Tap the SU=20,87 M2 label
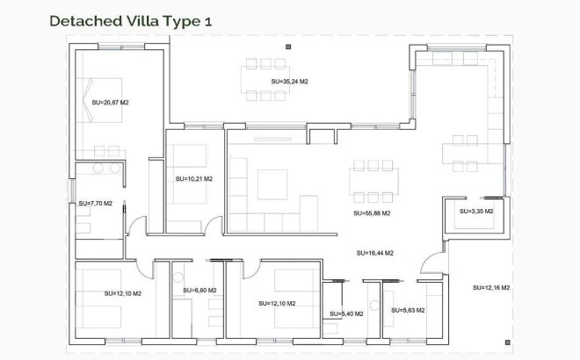(110, 103)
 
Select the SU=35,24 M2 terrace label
(289, 82)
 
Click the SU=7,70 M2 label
(95, 203)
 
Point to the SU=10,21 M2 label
(194, 178)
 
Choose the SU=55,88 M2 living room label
(371, 212)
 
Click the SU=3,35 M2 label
(476, 212)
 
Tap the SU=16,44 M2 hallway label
(374, 253)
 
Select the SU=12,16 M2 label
(491, 288)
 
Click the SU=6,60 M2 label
(199, 290)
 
